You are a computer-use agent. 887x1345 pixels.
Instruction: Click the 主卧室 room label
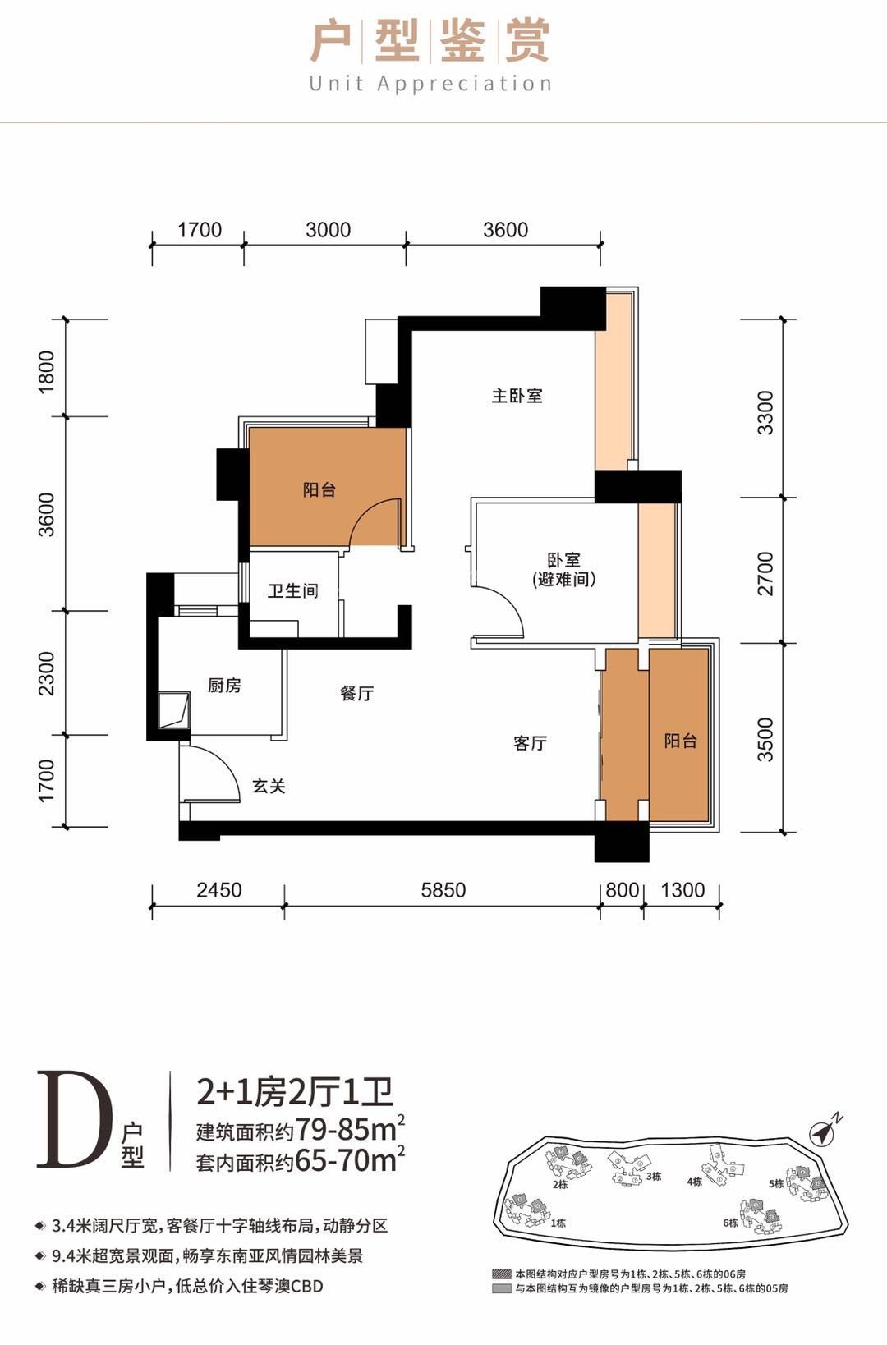click(517, 396)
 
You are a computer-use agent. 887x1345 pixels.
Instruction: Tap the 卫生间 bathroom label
click(292, 590)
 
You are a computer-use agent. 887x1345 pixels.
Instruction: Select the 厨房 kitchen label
click(224, 685)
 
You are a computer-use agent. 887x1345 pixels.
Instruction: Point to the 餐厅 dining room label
click(356, 693)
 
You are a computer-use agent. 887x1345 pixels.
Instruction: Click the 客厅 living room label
click(530, 743)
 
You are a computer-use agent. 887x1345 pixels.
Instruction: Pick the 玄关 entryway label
click(269, 787)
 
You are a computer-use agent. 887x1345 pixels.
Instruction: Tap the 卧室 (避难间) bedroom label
click(563, 569)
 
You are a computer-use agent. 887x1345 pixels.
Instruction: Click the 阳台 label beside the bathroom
click(319, 490)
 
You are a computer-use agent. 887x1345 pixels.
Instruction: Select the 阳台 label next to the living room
click(680, 741)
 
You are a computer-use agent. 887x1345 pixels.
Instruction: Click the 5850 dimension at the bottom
click(443, 890)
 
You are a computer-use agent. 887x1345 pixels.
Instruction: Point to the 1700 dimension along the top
click(200, 230)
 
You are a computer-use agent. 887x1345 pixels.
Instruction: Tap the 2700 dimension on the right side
click(765, 573)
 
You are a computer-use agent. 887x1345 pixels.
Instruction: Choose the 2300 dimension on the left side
click(47, 673)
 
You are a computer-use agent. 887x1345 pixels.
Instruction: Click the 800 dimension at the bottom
click(622, 890)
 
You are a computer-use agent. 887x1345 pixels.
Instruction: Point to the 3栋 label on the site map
click(654, 1177)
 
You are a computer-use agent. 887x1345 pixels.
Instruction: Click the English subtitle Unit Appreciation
click(430, 84)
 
